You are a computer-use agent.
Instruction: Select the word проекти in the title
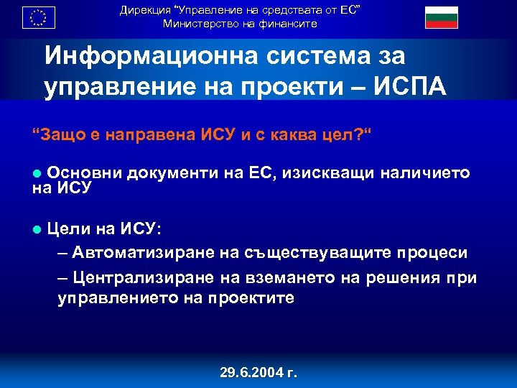(x=280, y=87)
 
